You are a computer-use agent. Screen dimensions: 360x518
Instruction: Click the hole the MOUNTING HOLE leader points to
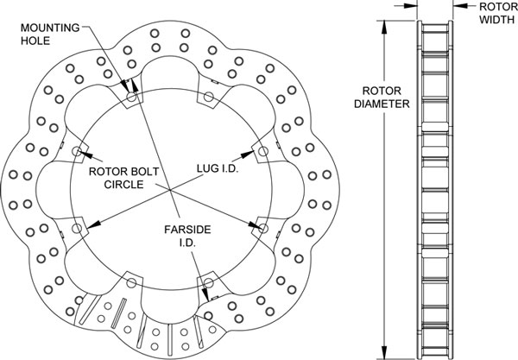[132, 97]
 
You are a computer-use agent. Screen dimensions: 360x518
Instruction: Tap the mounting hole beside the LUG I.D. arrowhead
[262, 152]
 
